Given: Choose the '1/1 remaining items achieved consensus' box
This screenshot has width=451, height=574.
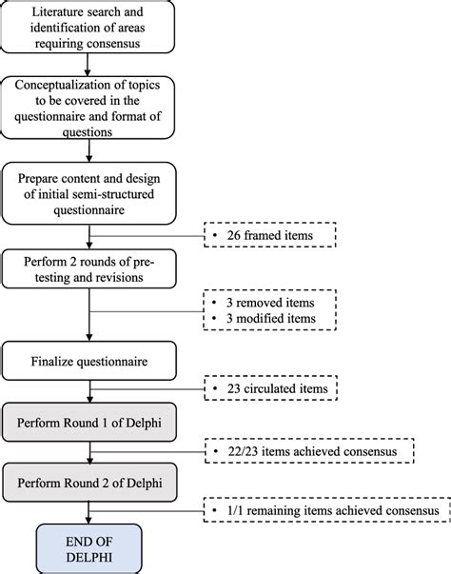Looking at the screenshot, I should pyautogui.click(x=325, y=511).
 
